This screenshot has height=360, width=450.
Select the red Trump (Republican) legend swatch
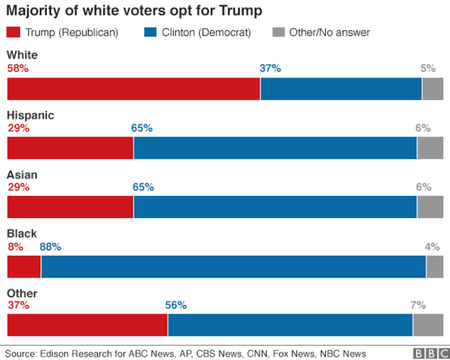click(14, 32)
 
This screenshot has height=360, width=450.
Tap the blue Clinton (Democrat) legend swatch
click(151, 32)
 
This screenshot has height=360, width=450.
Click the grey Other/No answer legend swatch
click(278, 32)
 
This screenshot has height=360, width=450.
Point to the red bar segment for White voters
click(133, 89)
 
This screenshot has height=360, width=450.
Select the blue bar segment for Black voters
click(233, 267)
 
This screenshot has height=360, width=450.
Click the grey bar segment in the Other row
click(427, 325)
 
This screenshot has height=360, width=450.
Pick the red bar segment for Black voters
click(24, 267)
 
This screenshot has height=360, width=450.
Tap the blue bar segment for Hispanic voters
click(275, 148)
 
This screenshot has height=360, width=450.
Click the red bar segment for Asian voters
click(70, 207)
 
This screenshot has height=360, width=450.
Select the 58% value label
click(18, 68)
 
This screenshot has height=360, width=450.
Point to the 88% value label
click(50, 246)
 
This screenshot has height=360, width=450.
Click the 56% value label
click(175, 305)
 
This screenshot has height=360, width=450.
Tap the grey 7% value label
click(418, 305)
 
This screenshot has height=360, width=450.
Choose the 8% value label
click(15, 246)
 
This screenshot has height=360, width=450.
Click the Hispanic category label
click(30, 115)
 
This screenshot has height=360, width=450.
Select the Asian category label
click(22, 175)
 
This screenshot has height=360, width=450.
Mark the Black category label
click(22, 234)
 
